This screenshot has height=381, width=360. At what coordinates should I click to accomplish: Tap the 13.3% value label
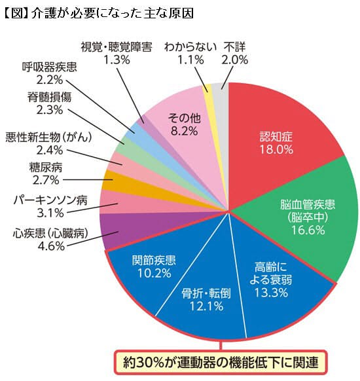pyautogui.click(x=272, y=292)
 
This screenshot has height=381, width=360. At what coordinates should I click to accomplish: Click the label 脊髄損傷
pyautogui.click(x=50, y=96)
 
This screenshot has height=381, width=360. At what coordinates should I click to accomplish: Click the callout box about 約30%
pyautogui.click(x=221, y=361)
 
